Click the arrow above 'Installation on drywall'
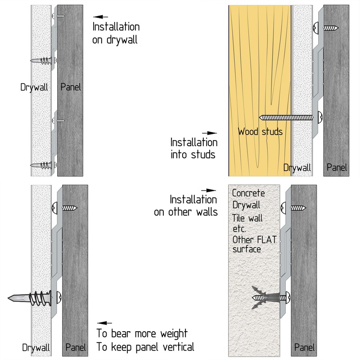[x=100, y=17]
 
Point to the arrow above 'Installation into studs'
[x=209, y=133]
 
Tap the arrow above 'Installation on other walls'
[x=208, y=190]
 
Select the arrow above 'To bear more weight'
[x=104, y=323]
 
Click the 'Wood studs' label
[x=260, y=132]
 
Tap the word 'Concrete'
[x=248, y=193]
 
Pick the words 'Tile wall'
[x=247, y=218]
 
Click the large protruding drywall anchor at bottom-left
[x=35, y=298]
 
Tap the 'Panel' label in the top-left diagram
[x=71, y=87]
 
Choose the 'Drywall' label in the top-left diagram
[x=34, y=87]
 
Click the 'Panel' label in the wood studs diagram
[x=337, y=167]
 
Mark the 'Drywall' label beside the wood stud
[x=297, y=167]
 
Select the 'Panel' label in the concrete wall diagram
[x=305, y=347]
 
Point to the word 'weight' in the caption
[x=174, y=333]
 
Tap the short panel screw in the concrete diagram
[x=293, y=208]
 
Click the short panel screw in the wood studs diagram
[x=326, y=28]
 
